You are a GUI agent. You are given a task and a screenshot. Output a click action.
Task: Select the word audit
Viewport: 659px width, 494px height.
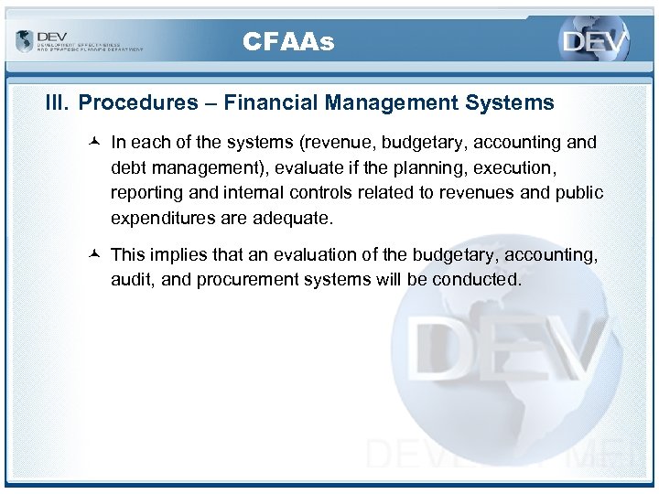[x=134, y=280]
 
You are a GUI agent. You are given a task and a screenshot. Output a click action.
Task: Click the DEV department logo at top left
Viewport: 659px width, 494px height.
[x=79, y=41]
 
